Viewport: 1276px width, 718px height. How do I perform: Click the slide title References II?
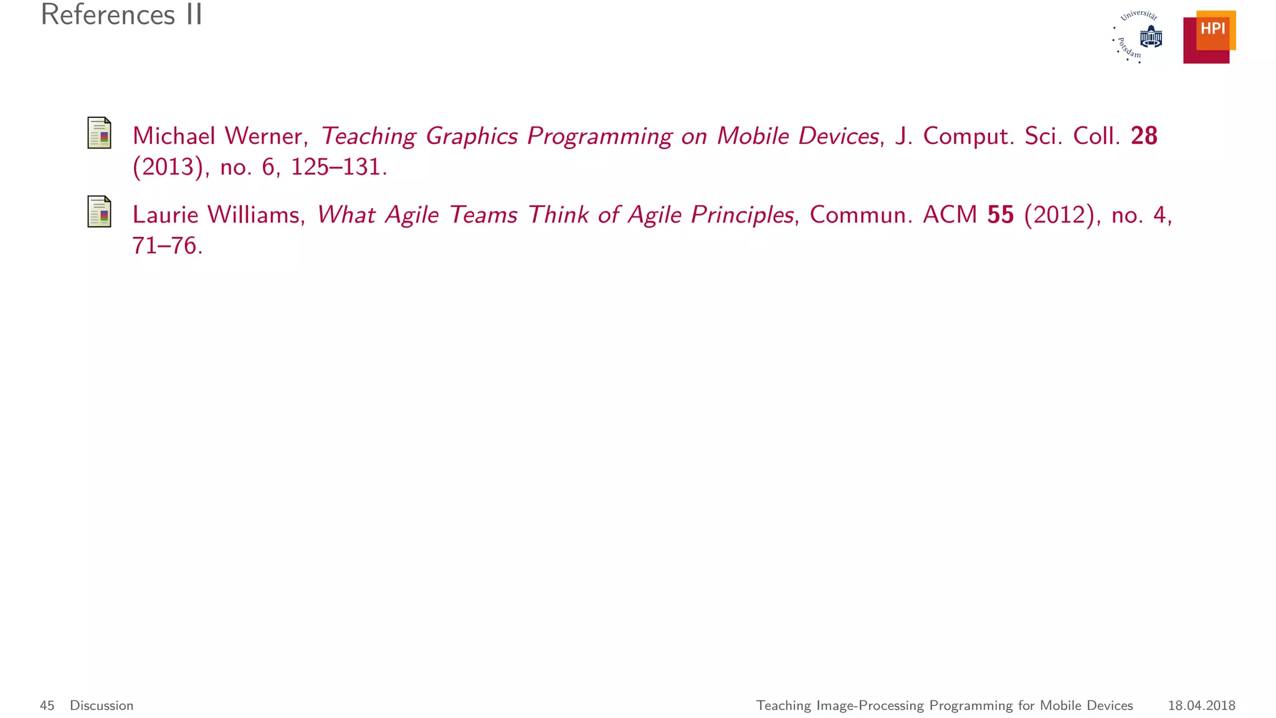121,15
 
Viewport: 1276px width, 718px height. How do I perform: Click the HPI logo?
1209,37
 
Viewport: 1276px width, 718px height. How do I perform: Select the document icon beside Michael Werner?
99,133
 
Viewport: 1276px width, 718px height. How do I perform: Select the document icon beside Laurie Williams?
99,211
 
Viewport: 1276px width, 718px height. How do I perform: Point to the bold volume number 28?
1143,136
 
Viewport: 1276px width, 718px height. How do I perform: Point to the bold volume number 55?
1000,214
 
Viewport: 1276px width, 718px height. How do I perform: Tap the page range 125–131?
338,167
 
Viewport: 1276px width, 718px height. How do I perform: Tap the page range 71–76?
167,246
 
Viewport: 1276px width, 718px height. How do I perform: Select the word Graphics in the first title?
471,136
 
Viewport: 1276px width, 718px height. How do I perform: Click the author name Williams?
256,214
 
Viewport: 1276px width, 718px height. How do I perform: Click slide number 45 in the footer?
47,706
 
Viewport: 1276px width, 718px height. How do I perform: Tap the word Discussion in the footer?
102,706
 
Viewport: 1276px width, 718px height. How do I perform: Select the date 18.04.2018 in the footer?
1201,706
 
